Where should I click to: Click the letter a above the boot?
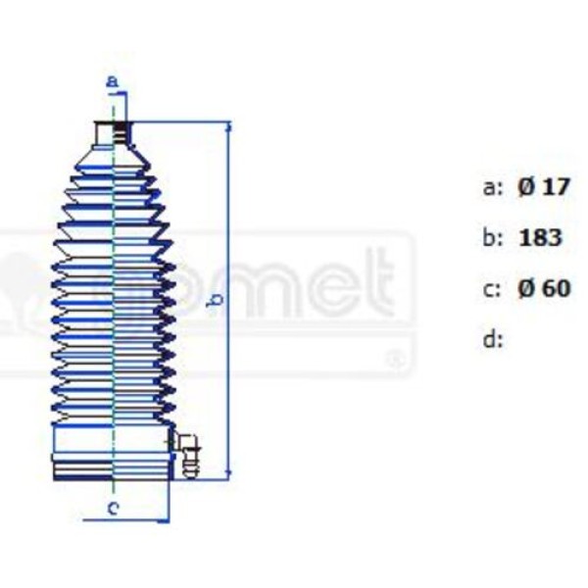pos(112,81)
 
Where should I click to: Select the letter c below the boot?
pos(113,508)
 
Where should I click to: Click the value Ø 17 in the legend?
pos(543,186)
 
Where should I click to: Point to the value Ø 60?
pos(543,289)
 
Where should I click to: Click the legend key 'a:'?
pos(492,187)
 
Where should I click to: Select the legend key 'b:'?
pos(493,238)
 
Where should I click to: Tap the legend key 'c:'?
pos(492,289)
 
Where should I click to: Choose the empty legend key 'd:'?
pos(493,340)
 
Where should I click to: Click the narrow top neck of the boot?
pos(113,132)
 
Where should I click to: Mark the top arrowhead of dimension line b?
pos(228,126)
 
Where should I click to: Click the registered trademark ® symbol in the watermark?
pos(395,361)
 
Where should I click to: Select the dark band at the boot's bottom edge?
pos(113,474)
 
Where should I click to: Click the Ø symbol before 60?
pos(527,289)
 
